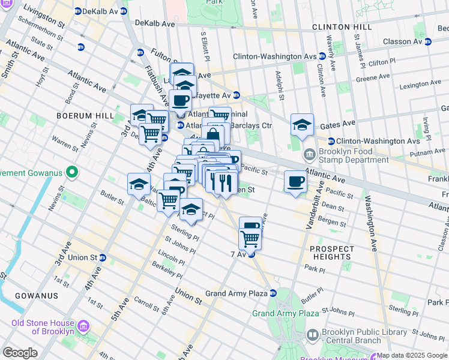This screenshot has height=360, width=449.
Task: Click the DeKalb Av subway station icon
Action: [77, 11]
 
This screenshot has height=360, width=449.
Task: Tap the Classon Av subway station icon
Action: [427, 41]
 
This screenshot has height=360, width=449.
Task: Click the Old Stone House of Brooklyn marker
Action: [83, 326]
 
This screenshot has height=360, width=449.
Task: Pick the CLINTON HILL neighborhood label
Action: [338, 27]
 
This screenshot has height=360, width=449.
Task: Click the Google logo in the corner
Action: [20, 353]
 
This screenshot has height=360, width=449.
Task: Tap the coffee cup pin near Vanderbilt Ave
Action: [295, 182]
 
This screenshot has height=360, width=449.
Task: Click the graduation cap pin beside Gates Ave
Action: [302, 125]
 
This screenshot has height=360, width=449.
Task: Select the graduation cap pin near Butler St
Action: [139, 184]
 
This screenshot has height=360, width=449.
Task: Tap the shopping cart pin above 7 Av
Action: [250, 239]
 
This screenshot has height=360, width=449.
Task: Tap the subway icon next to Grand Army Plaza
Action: [273, 293]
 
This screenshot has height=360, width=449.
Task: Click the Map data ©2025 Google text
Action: [412, 355]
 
